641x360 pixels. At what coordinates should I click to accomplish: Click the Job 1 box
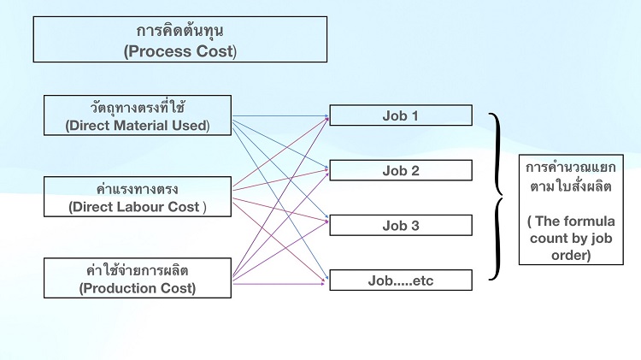click(x=401, y=115)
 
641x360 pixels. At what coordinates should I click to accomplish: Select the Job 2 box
click(x=401, y=170)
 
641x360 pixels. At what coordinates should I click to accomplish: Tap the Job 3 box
click(x=401, y=225)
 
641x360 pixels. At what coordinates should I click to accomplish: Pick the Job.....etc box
click(x=401, y=280)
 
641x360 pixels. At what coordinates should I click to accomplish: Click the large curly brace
click(x=497, y=197)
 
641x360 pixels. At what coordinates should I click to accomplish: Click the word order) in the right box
click(x=571, y=256)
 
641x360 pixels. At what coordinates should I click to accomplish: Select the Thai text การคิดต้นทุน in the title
click(x=179, y=31)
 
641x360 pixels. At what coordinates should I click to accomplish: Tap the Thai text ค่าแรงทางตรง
click(x=138, y=190)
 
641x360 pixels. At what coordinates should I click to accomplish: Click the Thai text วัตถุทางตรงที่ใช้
click(x=138, y=108)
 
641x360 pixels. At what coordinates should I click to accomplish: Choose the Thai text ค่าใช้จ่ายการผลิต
click(x=138, y=270)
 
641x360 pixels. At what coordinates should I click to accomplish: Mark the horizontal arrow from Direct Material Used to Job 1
click(x=280, y=116)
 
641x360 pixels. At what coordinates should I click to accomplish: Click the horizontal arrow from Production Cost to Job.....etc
click(x=279, y=284)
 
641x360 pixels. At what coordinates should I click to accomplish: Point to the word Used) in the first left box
click(x=191, y=125)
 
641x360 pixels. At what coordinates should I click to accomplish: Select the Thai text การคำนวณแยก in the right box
click(x=571, y=168)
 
